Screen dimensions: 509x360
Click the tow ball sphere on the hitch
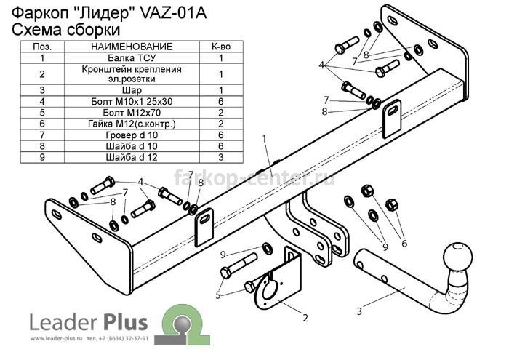457,256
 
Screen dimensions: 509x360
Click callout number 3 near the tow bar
359,311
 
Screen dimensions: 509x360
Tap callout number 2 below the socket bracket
305,318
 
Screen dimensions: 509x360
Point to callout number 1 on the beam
265,139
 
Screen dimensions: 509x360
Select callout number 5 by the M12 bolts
218,295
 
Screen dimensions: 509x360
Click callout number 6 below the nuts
404,243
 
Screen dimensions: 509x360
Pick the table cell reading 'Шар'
132,90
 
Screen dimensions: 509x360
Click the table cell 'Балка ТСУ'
132,58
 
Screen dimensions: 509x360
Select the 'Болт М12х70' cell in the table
132,113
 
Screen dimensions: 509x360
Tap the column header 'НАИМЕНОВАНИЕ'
132,47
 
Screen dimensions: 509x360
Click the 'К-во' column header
221,47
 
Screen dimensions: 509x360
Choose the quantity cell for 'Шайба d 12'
221,157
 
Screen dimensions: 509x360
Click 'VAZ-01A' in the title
173,14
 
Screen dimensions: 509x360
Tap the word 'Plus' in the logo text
125,323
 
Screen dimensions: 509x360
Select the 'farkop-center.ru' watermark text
254,177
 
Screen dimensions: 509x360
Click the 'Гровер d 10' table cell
132,135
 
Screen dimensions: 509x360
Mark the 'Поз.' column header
42,47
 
